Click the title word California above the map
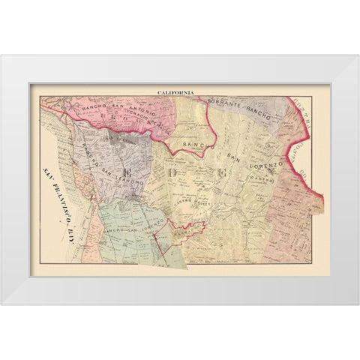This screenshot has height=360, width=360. click(x=175, y=92)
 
